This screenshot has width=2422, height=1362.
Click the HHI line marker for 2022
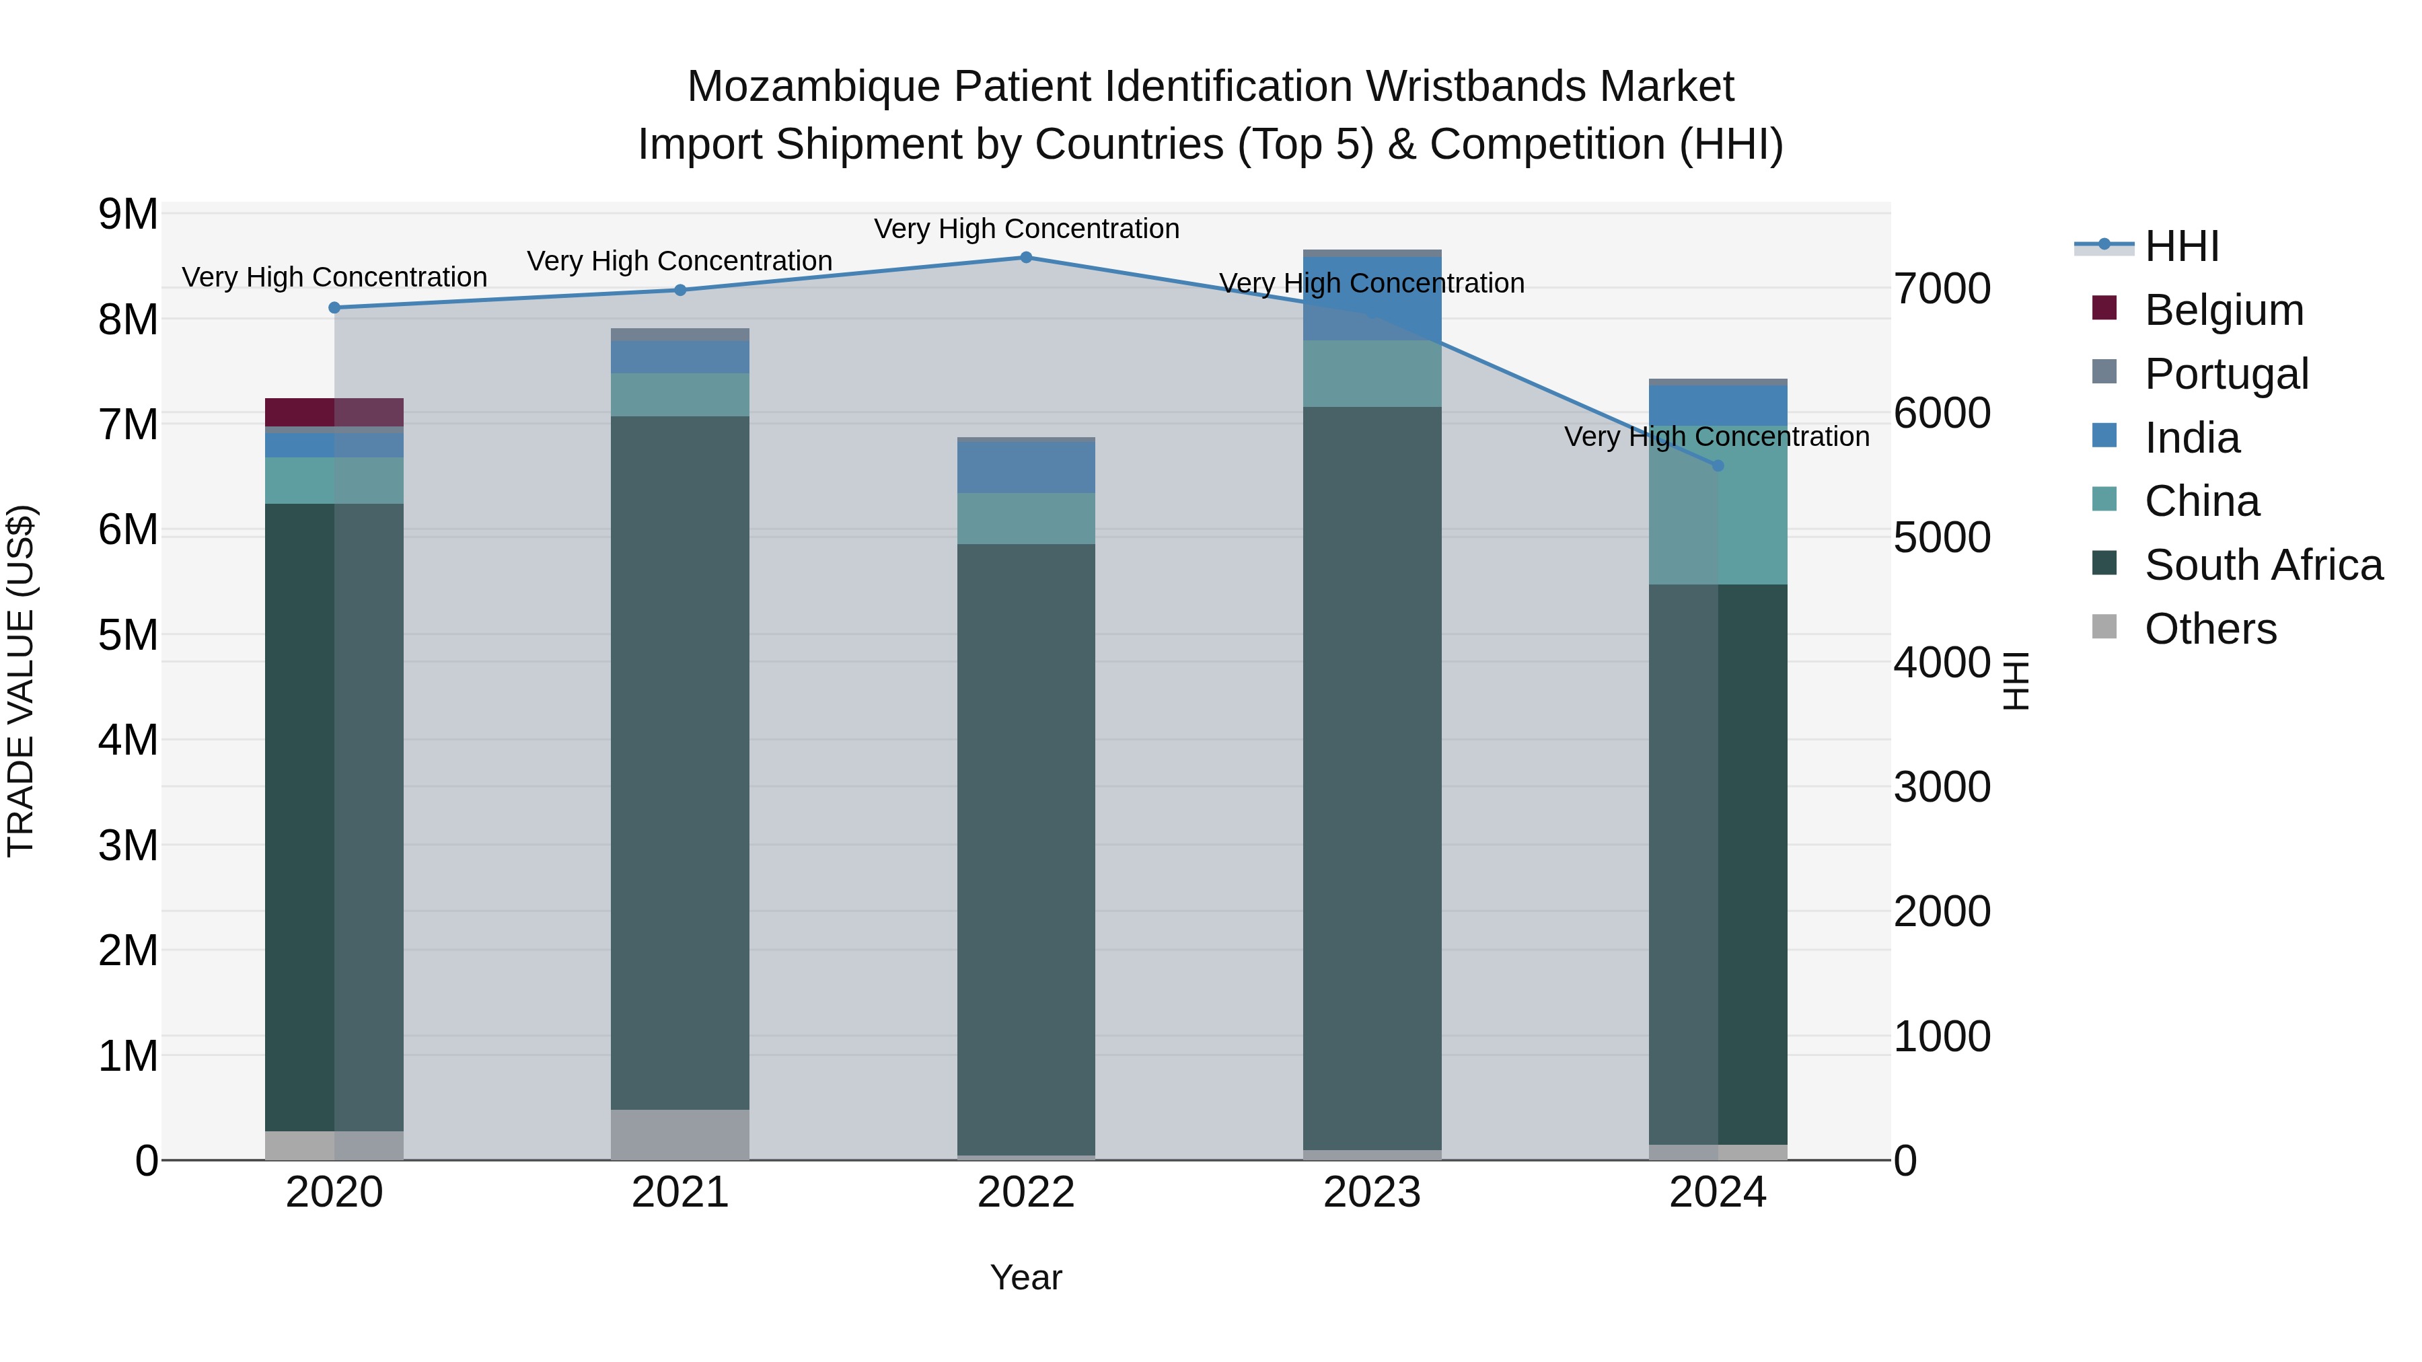[1026, 258]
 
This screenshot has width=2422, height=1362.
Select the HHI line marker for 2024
[1718, 465]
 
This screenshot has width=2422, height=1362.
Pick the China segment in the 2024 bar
[1718, 504]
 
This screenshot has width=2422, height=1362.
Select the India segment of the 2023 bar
[1372, 299]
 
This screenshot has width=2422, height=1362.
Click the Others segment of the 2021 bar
[680, 1135]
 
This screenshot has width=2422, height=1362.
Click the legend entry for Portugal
[2226, 374]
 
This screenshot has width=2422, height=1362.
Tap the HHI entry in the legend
[2181, 246]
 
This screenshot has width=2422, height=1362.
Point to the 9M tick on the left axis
[129, 215]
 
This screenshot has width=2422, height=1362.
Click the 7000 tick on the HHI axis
[1942, 289]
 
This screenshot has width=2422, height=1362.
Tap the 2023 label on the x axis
[1372, 1193]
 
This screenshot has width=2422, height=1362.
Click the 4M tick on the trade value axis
[129, 740]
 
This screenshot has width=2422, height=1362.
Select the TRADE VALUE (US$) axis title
[21, 681]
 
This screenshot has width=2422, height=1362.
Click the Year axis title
[1026, 1277]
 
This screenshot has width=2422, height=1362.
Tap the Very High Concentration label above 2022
[1026, 229]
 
